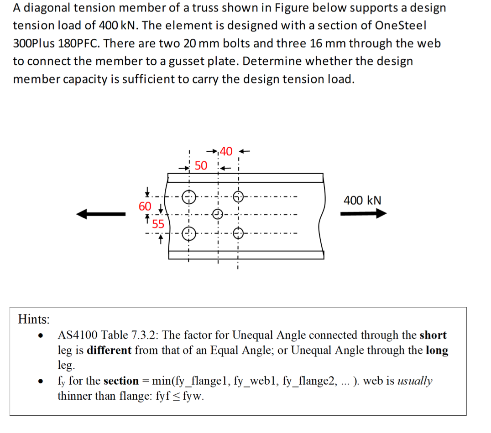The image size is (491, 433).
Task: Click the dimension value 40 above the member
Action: coord(226,151)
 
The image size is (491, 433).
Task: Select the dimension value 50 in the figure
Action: coord(201,165)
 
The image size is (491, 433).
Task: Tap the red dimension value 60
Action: coord(145,206)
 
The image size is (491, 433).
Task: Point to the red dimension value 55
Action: coord(158,224)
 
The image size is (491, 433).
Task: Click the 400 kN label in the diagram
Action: coord(362,201)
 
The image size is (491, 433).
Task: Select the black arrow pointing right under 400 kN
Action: coord(363,214)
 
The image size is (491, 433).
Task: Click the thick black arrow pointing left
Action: coord(101,214)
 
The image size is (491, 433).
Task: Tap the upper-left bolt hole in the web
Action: coord(189,197)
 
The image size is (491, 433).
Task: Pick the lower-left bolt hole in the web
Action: coord(189,234)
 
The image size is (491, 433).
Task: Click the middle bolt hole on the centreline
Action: coord(219,214)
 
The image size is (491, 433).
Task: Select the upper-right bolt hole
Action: coord(238,197)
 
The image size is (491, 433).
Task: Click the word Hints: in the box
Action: coord(34,320)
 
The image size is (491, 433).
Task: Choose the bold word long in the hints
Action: coord(437,351)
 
